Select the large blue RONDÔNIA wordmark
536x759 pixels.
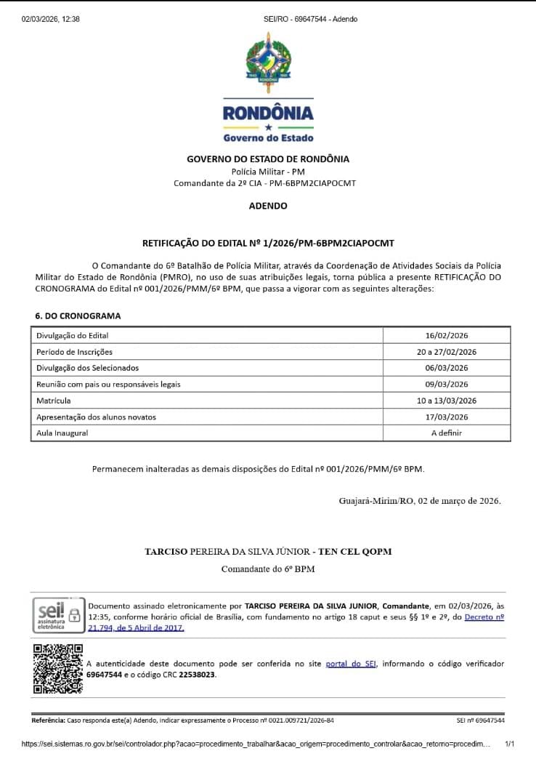coord(268,113)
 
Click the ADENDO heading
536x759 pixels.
coord(268,206)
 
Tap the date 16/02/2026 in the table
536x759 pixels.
coord(447,336)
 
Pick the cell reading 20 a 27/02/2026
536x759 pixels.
coord(447,352)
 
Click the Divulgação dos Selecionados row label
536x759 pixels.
coord(88,368)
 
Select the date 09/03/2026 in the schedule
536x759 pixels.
coord(447,385)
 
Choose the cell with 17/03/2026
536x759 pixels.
coord(447,417)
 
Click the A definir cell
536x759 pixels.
coord(447,433)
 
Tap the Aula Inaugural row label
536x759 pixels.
coord(62,433)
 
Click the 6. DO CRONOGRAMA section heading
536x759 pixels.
coord(78,316)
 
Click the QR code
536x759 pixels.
coord(58,669)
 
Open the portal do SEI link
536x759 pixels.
coord(351,664)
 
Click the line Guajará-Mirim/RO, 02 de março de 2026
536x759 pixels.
coord(420,501)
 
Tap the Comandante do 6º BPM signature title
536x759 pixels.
coord(268,569)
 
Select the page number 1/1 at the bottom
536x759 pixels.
coord(509,744)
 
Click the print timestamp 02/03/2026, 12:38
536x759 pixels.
coord(51,19)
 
